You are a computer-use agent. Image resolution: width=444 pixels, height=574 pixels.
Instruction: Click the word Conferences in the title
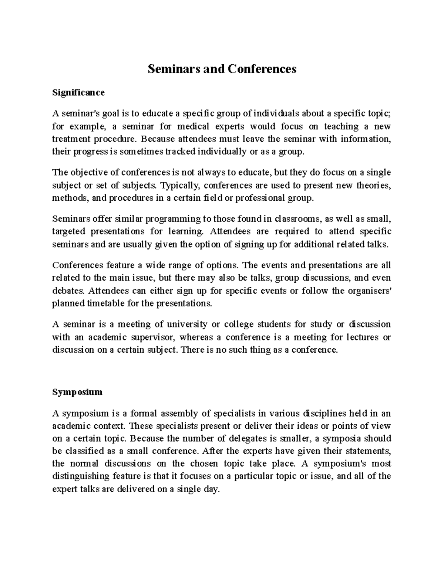tap(262, 69)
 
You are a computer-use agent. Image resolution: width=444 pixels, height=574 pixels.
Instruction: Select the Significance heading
tap(78, 92)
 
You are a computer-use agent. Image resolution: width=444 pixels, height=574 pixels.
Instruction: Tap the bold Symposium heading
tap(77, 392)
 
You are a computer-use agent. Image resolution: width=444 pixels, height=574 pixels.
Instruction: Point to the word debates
tap(68, 291)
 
